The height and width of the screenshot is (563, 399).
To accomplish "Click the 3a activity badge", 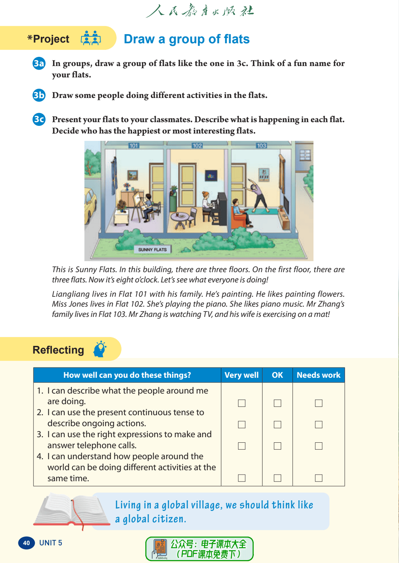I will click(39, 63).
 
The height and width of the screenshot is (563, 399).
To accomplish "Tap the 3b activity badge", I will click(39, 95).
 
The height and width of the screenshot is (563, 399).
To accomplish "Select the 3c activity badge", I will click(39, 120).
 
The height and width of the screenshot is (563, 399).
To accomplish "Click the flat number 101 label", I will click(134, 146).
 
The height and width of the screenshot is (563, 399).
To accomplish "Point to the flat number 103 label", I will click(261, 146).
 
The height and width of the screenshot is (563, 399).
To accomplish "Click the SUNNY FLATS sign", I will click(152, 250).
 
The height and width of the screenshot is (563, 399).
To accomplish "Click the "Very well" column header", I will click(242, 375).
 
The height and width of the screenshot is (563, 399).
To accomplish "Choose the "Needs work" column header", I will click(319, 375).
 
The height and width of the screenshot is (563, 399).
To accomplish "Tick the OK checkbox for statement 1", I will click(278, 403).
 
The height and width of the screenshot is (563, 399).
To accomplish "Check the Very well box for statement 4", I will click(242, 478).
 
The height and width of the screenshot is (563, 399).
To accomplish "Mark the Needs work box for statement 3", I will click(319, 446).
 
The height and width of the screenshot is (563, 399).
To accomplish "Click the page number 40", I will click(26, 543).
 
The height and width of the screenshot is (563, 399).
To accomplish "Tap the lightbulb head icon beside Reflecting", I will click(99, 349).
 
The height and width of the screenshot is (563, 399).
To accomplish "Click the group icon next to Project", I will click(91, 38).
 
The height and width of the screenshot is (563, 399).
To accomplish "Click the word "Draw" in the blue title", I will click(139, 39).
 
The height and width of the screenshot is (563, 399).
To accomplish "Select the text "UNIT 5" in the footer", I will click(51, 543).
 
